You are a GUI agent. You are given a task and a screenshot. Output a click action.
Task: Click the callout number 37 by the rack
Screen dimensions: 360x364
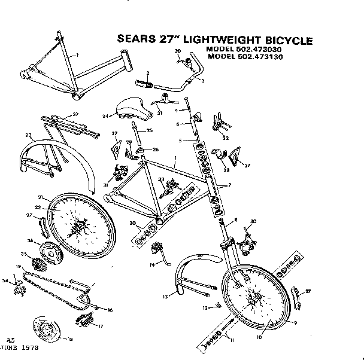(75, 114)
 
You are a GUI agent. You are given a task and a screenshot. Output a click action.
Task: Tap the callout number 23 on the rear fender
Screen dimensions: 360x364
(28, 136)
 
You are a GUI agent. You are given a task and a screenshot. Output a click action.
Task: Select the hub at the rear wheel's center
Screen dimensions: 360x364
(78, 228)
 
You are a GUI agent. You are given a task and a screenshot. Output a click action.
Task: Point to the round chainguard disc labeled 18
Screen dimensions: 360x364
(45, 331)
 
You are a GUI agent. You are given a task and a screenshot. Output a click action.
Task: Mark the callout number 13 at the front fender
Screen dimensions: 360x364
(166, 295)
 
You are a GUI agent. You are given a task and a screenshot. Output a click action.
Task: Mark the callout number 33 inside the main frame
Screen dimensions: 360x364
(161, 179)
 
